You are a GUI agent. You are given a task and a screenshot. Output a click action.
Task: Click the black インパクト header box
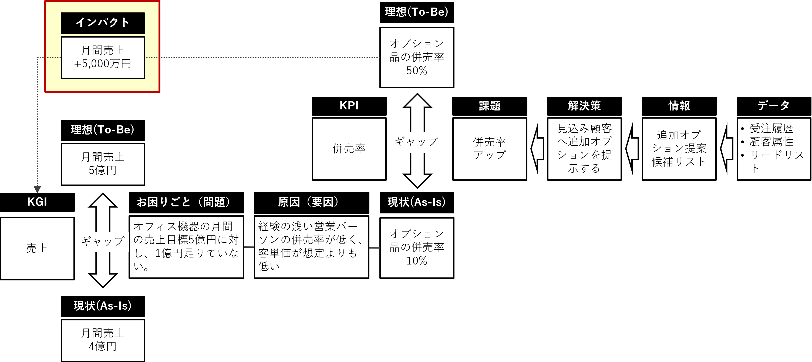(x=103, y=23)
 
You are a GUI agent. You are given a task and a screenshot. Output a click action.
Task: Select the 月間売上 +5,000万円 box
(x=103, y=57)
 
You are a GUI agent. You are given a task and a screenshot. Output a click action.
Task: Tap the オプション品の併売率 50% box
(x=417, y=57)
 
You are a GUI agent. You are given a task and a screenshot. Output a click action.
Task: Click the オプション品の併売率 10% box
(x=417, y=248)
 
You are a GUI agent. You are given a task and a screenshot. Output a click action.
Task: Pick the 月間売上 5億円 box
(x=103, y=164)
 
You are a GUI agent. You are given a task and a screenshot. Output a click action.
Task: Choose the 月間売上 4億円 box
(x=103, y=340)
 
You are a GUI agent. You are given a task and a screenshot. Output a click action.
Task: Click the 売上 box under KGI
(x=37, y=249)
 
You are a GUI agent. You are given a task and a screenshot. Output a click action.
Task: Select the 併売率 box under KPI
(x=349, y=149)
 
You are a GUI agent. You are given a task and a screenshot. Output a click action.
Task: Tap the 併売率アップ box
(x=490, y=149)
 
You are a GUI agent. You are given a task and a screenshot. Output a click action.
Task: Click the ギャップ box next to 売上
(x=103, y=242)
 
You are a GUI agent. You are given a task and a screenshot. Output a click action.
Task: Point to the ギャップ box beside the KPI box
(x=416, y=142)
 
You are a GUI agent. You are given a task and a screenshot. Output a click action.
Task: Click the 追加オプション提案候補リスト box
(x=679, y=149)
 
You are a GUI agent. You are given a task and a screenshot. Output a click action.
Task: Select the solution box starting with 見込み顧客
(x=584, y=149)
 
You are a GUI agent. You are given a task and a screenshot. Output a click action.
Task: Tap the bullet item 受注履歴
(x=771, y=129)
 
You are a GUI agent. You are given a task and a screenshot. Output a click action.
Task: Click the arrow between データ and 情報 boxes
(x=727, y=149)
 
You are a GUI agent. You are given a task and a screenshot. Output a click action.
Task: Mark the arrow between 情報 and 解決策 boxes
(x=632, y=149)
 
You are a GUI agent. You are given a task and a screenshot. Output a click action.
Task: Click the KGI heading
(x=37, y=202)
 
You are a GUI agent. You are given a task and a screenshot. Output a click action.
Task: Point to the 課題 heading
(x=490, y=106)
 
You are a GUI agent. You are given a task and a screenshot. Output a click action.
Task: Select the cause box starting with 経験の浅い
(x=311, y=247)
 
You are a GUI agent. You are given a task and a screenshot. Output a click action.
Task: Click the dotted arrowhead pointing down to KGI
(x=37, y=189)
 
